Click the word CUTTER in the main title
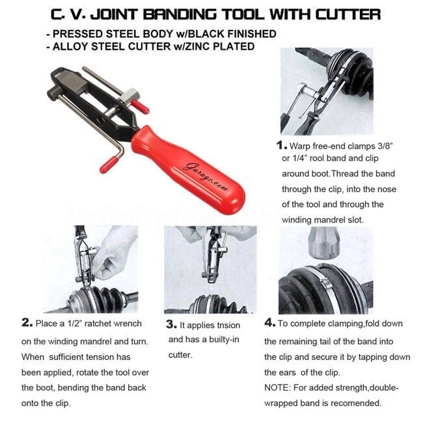click(x=348, y=14)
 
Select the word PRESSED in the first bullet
click(x=77, y=34)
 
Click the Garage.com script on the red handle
click(x=205, y=177)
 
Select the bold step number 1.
click(x=282, y=145)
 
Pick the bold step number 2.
click(x=27, y=323)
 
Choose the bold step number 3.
click(x=171, y=324)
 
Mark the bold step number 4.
click(x=270, y=323)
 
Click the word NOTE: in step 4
click(x=277, y=388)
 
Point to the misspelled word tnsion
click(x=226, y=325)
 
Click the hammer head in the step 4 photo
click(x=323, y=242)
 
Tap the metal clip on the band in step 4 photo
click(x=325, y=283)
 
